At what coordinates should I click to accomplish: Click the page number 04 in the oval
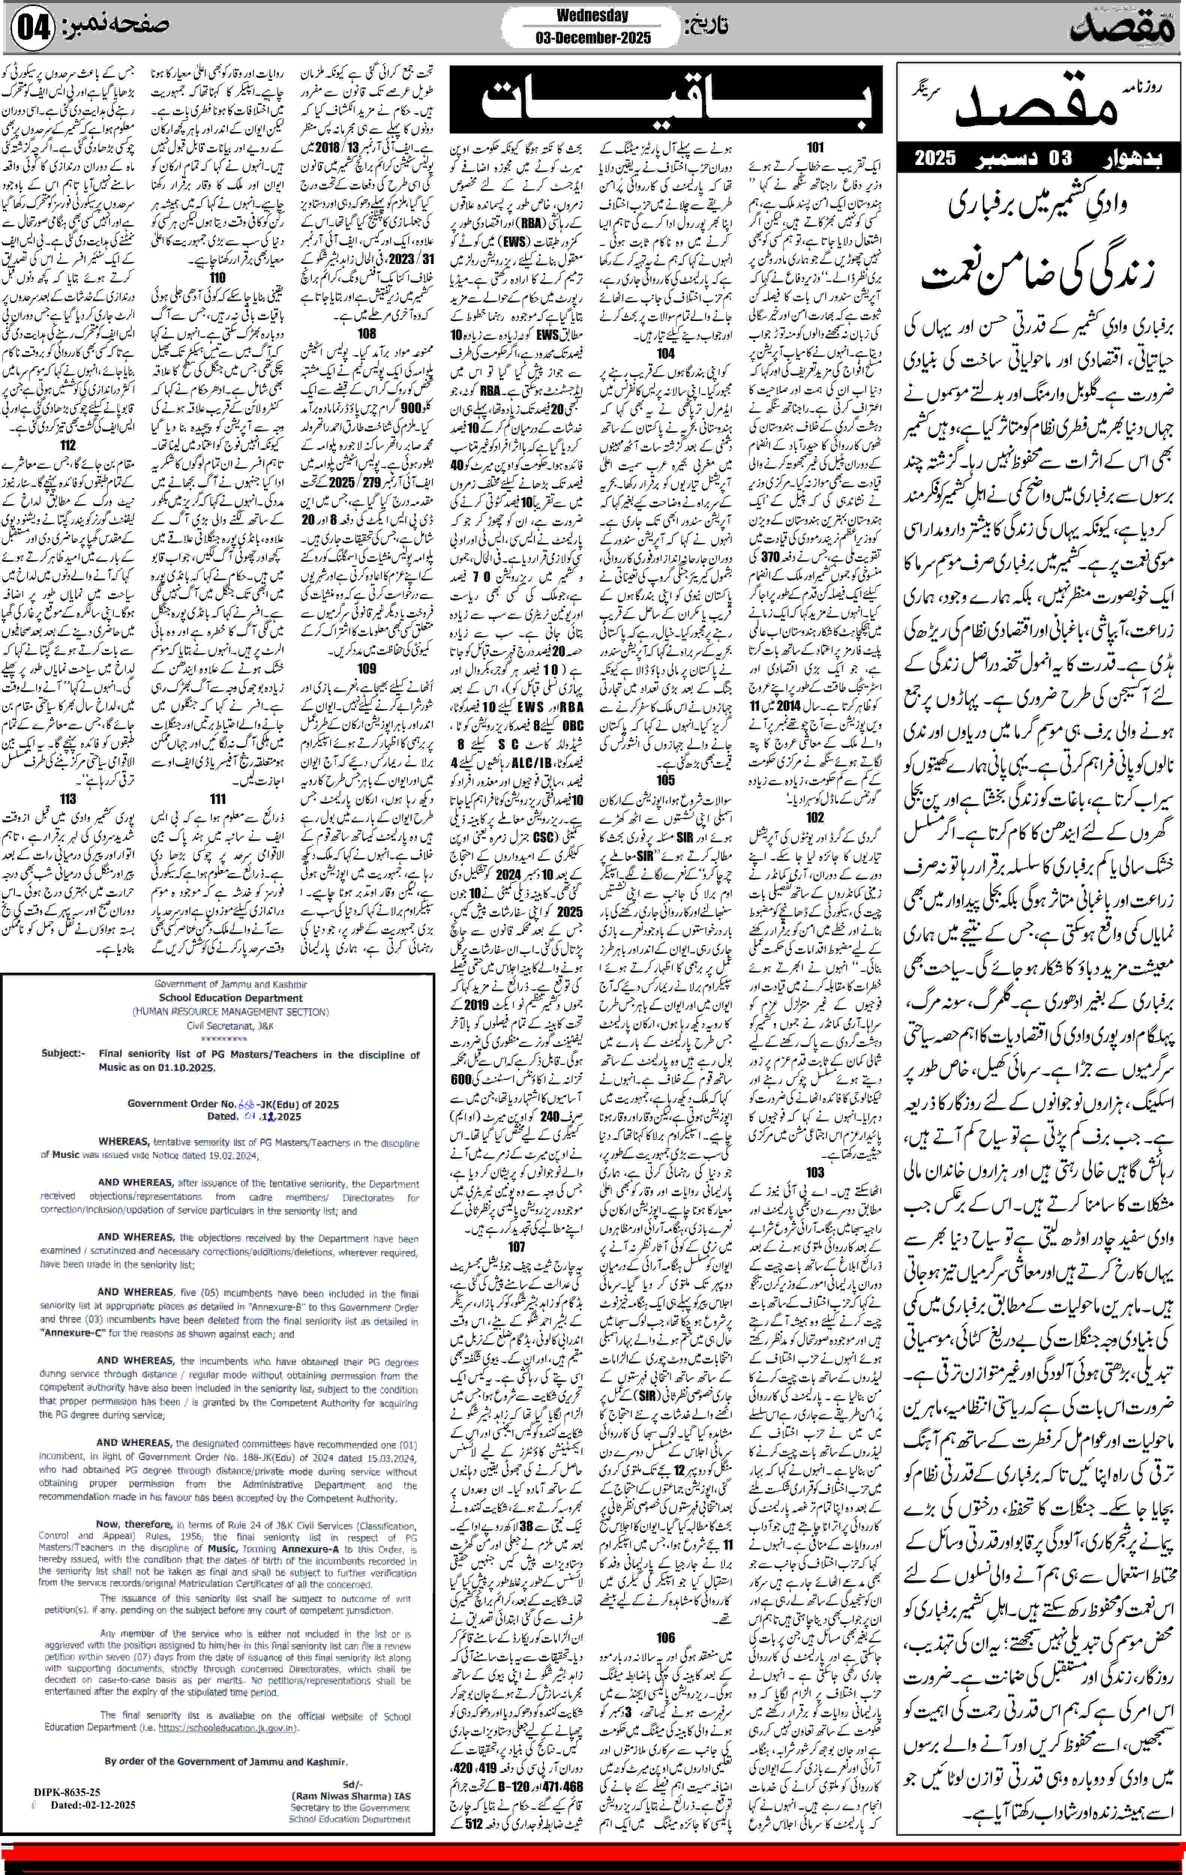click(x=33, y=28)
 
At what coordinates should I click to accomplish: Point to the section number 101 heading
click(x=815, y=147)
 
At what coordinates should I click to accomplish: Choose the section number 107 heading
click(x=516, y=1246)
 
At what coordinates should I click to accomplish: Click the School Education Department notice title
click(x=231, y=997)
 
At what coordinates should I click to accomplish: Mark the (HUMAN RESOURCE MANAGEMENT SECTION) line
click(x=231, y=1011)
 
